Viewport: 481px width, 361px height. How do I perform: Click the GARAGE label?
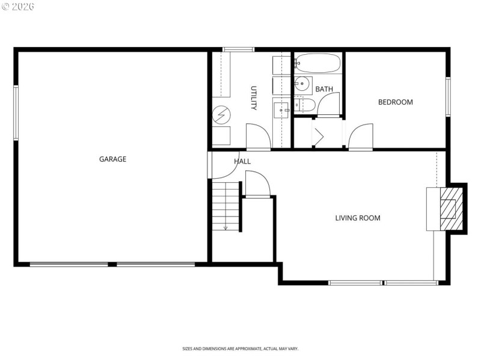(112, 159)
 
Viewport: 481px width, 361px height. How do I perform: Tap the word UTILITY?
(254, 98)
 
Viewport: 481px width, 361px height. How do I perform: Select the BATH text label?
(324, 90)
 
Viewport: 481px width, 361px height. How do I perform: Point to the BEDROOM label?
(395, 102)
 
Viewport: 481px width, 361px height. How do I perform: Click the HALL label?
(242, 162)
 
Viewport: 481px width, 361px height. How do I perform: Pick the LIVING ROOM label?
(358, 218)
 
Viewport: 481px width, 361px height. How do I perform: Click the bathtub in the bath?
(317, 63)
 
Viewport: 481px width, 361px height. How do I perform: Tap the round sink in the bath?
(302, 83)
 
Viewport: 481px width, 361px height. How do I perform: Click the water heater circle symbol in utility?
(220, 113)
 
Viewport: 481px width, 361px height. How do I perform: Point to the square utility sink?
(281, 111)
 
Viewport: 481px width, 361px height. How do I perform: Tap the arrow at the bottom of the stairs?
(225, 227)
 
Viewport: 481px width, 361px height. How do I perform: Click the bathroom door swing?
(329, 104)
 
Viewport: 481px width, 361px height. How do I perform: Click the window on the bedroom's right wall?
(447, 96)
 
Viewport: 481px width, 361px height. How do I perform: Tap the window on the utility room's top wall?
(238, 49)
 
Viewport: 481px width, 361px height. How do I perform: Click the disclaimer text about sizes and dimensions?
(240, 349)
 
